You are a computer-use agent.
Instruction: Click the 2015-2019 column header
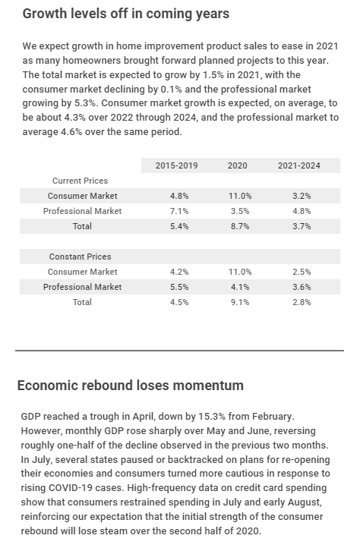click(x=176, y=165)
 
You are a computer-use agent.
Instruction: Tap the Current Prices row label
click(x=80, y=181)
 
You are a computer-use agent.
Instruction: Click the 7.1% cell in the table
click(x=178, y=211)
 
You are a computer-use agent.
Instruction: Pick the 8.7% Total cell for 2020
click(x=238, y=226)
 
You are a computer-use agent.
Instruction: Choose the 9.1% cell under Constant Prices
click(x=238, y=302)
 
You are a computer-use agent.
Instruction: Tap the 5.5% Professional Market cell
click(x=178, y=287)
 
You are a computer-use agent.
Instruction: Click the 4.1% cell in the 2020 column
click(x=238, y=287)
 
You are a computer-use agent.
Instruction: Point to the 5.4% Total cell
click(x=178, y=226)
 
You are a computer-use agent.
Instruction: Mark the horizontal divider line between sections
click(x=179, y=351)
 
